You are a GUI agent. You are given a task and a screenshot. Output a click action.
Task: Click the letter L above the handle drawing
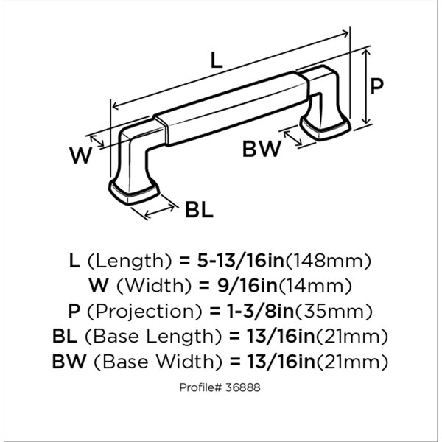[217, 60]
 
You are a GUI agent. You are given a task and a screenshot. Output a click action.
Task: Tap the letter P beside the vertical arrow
[377, 86]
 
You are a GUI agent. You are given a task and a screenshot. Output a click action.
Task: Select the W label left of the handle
[81, 155]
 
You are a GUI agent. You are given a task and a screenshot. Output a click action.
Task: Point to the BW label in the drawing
[262, 149]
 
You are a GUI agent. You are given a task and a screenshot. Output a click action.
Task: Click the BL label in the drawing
[199, 210]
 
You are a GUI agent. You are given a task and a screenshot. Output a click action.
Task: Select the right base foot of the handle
[326, 128]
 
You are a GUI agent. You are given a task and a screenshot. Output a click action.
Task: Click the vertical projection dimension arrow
[366, 86]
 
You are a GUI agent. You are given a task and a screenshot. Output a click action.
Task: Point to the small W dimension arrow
[97, 141]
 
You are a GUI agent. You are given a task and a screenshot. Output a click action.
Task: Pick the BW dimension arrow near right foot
[293, 138]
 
